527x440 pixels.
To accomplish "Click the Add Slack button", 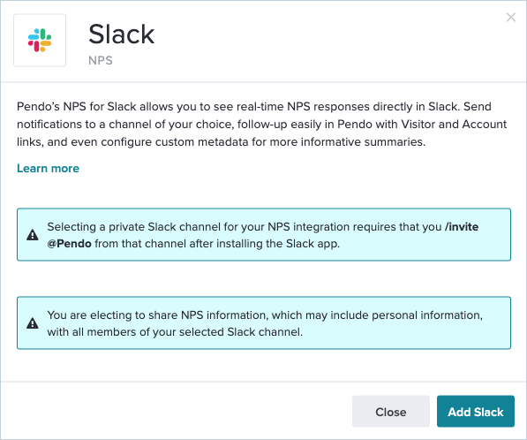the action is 476,412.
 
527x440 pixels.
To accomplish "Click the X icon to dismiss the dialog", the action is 511,17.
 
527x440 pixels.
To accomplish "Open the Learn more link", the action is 48,168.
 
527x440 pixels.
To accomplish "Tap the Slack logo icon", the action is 40,40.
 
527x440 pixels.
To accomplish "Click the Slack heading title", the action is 121,34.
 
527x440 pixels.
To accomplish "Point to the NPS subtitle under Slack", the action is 101,61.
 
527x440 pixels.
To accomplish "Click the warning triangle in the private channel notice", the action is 33,235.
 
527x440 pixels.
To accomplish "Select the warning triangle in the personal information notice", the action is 33,323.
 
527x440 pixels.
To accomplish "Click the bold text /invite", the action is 462,227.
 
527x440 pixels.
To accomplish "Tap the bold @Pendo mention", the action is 69,244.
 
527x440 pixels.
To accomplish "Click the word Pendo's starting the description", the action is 38,106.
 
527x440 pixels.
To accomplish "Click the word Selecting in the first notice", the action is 72,227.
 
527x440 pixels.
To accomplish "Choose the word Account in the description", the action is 485,124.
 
